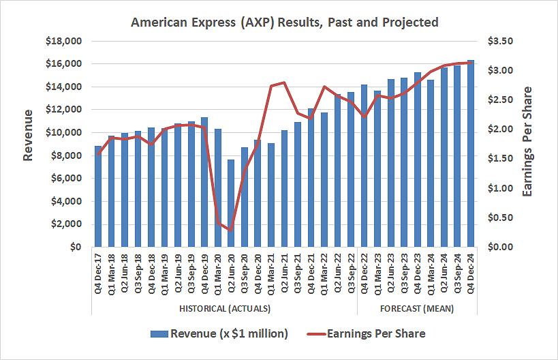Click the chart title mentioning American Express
pyautogui.click(x=284, y=22)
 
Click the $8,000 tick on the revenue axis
pyautogui.click(x=65, y=155)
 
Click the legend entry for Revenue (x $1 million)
pyautogui.click(x=219, y=333)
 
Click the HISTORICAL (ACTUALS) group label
pyautogui.click(x=224, y=308)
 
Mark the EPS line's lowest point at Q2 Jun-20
pyautogui.click(x=231, y=230)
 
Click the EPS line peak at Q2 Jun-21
pyautogui.click(x=284, y=82)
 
